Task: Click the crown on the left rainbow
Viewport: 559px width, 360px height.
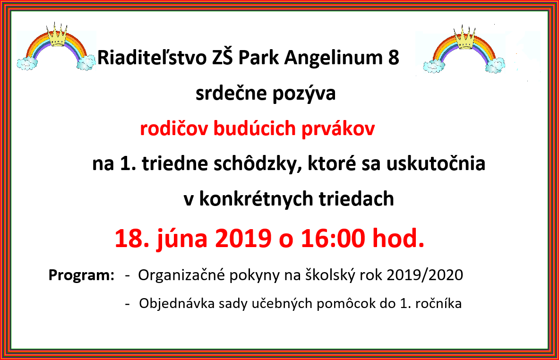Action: click(57, 35)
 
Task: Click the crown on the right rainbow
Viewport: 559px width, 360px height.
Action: click(464, 38)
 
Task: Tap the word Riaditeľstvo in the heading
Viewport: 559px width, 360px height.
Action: click(152, 58)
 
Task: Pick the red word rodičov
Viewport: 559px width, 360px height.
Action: click(173, 129)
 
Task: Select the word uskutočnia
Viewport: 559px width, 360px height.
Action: click(436, 163)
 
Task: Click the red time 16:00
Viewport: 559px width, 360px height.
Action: click(333, 238)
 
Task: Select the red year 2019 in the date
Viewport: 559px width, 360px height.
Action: click(243, 238)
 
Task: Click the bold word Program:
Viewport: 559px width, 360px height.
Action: click(81, 275)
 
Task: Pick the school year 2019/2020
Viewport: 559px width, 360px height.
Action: click(425, 275)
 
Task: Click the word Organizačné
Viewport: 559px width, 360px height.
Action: click(182, 275)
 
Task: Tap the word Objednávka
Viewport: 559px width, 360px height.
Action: click(177, 303)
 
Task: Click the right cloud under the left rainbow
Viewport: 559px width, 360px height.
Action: click(86, 63)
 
